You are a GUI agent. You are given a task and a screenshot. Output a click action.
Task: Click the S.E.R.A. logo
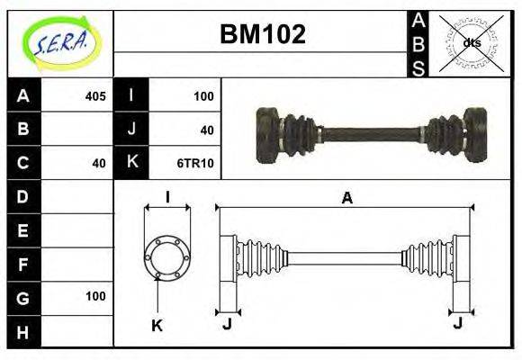coord(59,42)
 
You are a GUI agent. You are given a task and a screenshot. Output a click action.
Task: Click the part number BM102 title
coord(263,34)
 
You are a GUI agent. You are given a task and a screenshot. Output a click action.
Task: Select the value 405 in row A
coord(94,96)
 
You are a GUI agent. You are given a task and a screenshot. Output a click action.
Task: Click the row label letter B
coord(23,130)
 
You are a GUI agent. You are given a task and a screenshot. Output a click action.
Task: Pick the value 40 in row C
coord(98,163)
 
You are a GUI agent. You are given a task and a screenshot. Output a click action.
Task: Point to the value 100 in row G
coord(94,296)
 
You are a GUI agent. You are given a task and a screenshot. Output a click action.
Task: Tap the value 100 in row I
coord(202,96)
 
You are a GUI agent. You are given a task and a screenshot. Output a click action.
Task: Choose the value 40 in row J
coord(206,130)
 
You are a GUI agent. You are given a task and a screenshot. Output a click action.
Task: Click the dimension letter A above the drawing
coord(346,199)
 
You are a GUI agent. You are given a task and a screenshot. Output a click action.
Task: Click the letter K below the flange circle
coord(157,325)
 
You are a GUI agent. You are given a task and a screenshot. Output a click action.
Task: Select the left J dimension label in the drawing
coord(228,323)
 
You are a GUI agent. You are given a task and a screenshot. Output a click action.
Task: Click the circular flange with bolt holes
coord(167,256)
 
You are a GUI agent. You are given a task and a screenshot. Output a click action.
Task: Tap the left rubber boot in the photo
coord(296,135)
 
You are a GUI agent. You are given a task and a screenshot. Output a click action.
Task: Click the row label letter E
coord(23,230)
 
